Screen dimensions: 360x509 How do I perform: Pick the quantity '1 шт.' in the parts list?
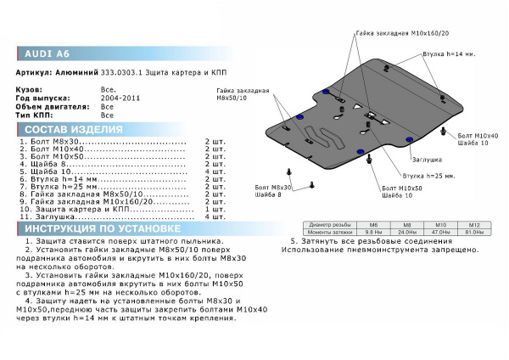pos(215,207)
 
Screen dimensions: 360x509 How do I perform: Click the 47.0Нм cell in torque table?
pos(441,231)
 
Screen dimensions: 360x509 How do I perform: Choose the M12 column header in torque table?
pos(475,224)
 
